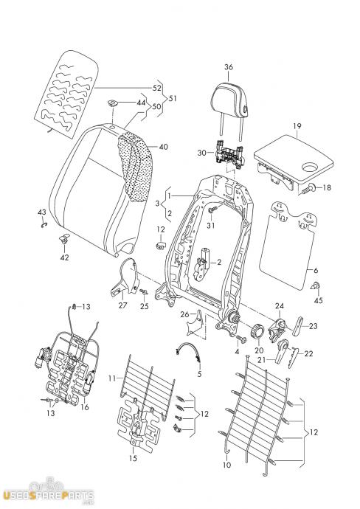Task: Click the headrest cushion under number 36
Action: tap(229, 100)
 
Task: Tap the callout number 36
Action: tap(229, 67)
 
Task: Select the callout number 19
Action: tap(297, 126)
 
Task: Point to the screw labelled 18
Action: tap(309, 189)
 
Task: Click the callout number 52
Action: tap(157, 88)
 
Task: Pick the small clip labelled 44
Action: tap(113, 104)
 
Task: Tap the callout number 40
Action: tap(164, 147)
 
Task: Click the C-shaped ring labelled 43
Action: tap(44, 224)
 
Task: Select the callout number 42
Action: tap(64, 257)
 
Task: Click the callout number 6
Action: tap(315, 270)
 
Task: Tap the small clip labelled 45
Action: tap(316, 286)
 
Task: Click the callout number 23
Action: tap(313, 326)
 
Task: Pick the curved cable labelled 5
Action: tap(189, 350)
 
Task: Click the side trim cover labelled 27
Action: tap(125, 277)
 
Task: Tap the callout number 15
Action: tap(133, 458)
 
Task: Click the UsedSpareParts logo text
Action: tap(49, 496)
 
